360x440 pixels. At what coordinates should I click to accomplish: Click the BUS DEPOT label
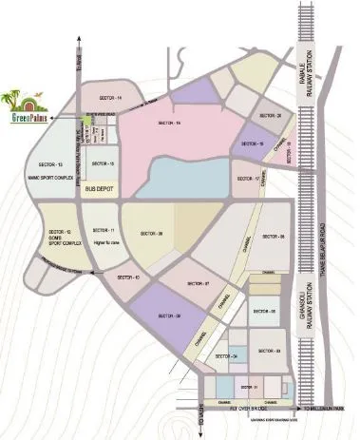point(99,190)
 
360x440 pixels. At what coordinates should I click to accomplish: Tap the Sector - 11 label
point(104,230)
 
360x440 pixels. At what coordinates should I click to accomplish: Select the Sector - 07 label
point(198,285)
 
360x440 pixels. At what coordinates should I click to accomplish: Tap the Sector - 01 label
point(249,389)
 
